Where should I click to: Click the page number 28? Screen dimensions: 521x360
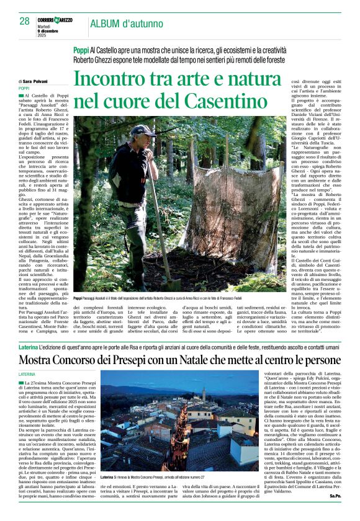24,21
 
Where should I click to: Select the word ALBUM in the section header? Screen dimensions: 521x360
109,23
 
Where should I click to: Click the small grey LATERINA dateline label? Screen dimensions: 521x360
27,375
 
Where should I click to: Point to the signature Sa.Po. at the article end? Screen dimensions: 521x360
335,513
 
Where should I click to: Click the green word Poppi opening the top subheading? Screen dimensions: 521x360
81,49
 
